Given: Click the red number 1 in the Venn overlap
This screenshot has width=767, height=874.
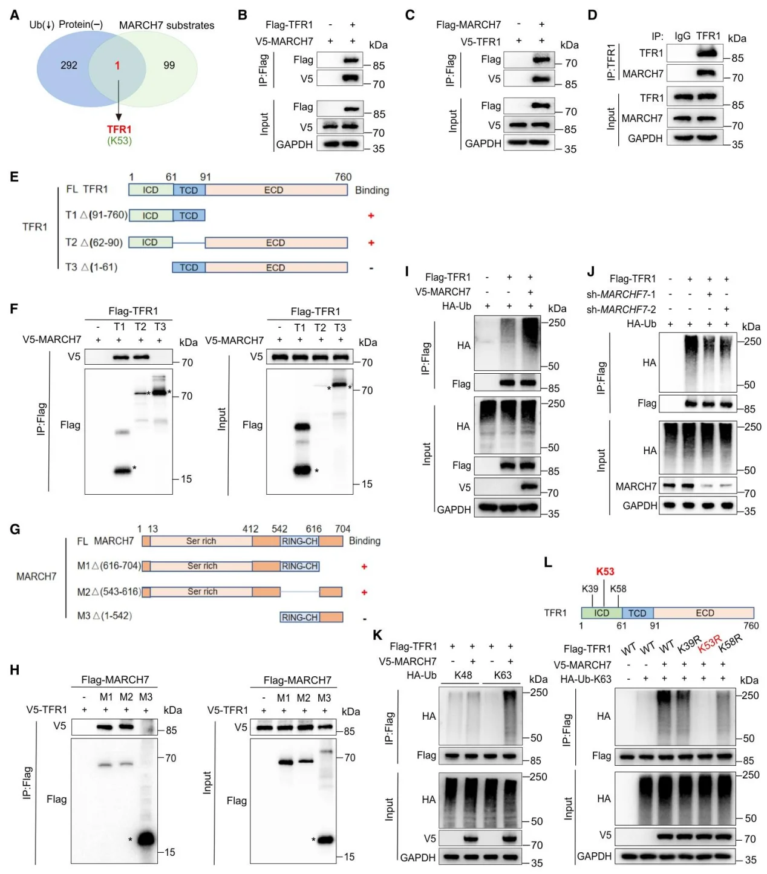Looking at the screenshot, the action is [117, 65].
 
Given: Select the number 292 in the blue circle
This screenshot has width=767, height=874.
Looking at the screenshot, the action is [69, 65].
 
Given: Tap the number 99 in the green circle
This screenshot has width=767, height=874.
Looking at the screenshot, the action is [169, 65].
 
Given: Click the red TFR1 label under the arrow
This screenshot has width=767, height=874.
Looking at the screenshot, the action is [119, 129].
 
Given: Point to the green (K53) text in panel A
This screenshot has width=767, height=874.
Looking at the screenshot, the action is [120, 141].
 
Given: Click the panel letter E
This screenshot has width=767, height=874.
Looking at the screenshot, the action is [15, 177].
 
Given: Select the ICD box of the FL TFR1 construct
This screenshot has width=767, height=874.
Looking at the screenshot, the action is [151, 190].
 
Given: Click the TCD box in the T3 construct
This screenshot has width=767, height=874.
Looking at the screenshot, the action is [189, 267].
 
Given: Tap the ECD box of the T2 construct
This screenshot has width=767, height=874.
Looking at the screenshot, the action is [276, 243].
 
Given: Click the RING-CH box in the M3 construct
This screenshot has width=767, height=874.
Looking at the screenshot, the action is [299, 618].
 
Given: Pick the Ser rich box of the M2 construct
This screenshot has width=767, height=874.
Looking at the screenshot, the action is [202, 592].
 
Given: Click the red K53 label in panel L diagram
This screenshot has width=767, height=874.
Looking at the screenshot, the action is [605, 572].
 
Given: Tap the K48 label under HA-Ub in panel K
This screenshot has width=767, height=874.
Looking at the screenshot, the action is [463, 675].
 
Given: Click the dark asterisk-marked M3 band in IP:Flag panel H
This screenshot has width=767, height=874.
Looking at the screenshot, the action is [146, 839].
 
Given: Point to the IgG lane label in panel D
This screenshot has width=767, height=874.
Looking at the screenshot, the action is [682, 36].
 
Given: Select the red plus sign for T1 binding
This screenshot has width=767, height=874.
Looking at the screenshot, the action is [371, 215].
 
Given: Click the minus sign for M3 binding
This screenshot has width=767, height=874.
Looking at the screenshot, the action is [365, 619].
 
